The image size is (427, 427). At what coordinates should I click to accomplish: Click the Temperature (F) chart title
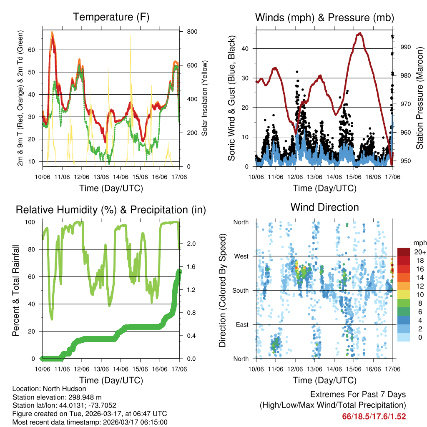coord(111,17)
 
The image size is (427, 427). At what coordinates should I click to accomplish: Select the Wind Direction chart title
coord(324,207)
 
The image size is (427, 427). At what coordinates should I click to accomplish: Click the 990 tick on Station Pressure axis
coord(406,47)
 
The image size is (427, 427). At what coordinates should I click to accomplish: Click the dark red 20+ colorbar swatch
coord(404,251)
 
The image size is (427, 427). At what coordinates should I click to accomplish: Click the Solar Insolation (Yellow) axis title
coord(205,98)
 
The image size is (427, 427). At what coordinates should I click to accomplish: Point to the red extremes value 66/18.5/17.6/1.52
coord(374,416)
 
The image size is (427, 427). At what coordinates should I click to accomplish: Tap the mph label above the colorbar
coord(419,243)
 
